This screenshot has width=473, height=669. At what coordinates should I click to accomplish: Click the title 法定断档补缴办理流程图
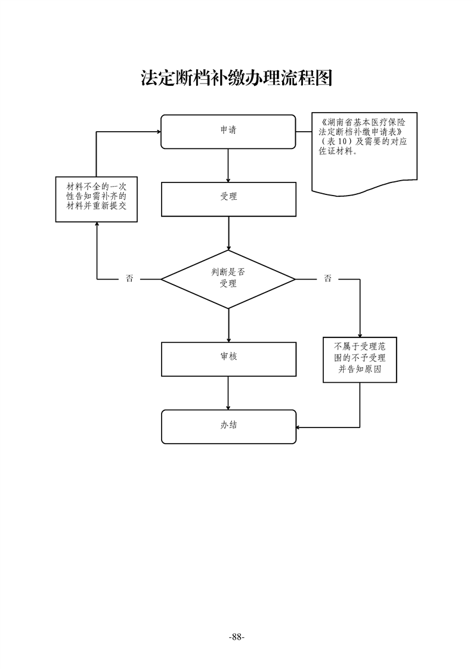236,78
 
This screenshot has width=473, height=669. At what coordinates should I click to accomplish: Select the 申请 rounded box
228,131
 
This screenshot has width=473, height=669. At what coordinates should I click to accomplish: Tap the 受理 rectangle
228,199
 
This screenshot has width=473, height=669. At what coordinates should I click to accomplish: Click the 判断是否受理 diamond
228,278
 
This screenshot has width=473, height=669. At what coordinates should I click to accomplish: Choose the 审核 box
228,359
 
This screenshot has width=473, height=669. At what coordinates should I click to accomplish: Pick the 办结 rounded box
228,426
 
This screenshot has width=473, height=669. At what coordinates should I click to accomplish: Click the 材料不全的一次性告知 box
97,200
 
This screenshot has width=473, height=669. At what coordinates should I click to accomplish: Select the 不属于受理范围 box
360,360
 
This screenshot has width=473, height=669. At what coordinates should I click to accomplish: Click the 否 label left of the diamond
129,278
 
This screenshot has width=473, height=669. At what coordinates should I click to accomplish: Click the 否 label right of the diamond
327,278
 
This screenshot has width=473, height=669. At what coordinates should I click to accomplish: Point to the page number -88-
237,636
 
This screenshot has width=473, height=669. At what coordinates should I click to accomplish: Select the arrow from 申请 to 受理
228,165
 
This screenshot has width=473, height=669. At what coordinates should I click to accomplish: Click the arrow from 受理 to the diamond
228,233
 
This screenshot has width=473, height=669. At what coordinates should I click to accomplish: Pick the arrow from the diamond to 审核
228,325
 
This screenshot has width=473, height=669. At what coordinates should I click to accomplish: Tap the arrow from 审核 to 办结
228,393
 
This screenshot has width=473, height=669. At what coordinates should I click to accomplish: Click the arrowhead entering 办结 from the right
299,427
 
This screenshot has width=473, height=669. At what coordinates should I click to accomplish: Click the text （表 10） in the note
335,141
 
